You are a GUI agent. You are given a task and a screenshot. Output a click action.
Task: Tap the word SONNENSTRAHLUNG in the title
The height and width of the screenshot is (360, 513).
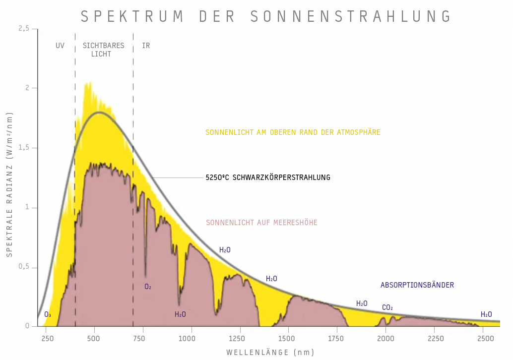click(351, 16)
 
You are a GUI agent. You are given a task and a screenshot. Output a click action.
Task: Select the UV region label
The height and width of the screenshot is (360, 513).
click(60, 46)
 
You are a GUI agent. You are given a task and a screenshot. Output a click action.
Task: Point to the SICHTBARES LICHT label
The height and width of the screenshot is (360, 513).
click(103, 50)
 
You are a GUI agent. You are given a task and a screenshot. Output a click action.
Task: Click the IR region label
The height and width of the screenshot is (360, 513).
click(146, 46)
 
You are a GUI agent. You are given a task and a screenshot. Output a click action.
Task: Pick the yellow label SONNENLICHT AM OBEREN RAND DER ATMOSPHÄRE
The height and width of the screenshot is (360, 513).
click(293, 132)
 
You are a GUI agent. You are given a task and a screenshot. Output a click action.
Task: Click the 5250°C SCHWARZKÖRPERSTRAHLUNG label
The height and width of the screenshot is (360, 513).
click(268, 177)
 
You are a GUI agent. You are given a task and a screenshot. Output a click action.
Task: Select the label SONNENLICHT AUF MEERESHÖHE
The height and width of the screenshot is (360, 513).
click(261, 223)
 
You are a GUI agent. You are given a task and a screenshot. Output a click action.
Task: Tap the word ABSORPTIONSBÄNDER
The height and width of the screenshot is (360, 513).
click(417, 285)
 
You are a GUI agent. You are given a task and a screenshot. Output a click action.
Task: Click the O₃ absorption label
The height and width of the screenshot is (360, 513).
click(48, 314)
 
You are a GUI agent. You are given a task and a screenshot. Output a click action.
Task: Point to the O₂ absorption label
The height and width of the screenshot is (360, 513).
click(148, 287)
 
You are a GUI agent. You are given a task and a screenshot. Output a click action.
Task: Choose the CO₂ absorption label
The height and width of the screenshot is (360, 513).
click(387, 308)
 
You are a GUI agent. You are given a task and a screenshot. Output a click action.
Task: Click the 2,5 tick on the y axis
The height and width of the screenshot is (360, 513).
click(24, 29)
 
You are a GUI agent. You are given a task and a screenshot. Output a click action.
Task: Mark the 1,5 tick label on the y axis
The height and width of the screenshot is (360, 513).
click(24, 148)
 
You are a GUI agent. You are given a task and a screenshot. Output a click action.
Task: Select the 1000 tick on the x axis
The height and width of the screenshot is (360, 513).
click(187, 339)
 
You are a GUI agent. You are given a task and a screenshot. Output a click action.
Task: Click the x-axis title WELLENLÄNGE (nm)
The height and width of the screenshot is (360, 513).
click(270, 353)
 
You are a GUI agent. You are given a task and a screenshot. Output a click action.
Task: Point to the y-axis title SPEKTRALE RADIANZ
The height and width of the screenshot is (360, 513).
click(9, 183)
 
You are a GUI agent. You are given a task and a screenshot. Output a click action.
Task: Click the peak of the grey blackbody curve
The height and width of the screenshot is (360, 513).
click(100, 112)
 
